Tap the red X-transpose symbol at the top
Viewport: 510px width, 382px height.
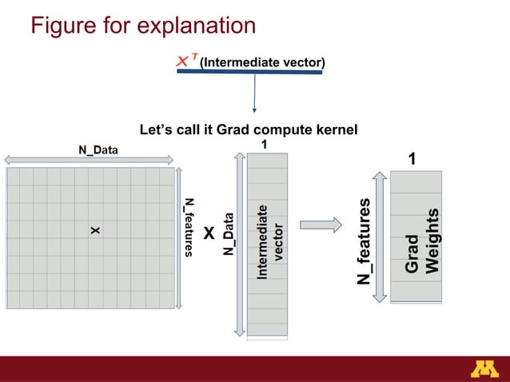click(x=185, y=60)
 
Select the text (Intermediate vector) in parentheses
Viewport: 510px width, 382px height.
click(x=262, y=62)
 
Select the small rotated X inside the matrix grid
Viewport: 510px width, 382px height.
click(x=95, y=231)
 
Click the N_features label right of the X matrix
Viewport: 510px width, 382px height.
click(x=189, y=228)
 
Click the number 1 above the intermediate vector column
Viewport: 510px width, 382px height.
click(x=265, y=144)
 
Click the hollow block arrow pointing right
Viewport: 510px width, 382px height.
click(x=325, y=225)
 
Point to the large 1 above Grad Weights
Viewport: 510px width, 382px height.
click(x=412, y=160)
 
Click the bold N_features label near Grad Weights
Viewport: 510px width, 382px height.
click(x=365, y=242)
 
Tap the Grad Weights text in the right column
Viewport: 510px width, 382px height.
click(x=422, y=241)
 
